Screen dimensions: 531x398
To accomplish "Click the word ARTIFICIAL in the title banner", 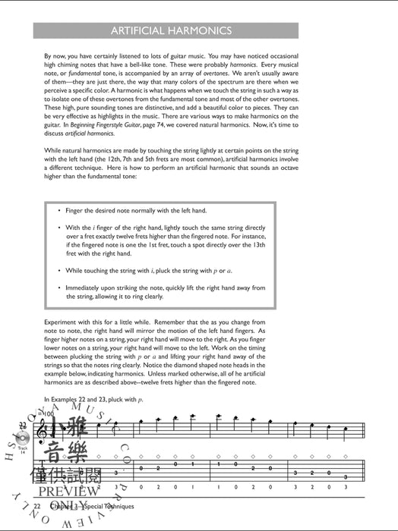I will click(143, 31).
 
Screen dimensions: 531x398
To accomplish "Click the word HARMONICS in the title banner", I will click(201, 31).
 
